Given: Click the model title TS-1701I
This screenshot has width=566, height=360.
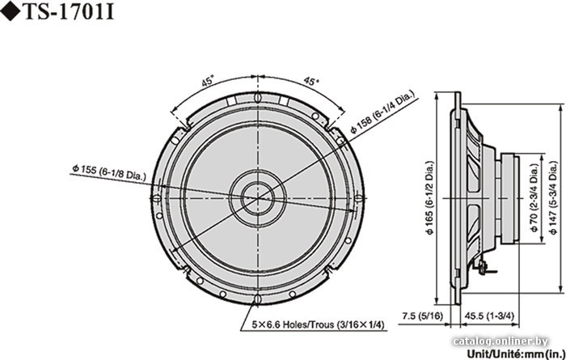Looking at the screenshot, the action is tap(69, 12).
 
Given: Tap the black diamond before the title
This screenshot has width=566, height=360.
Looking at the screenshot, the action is tap(11, 12).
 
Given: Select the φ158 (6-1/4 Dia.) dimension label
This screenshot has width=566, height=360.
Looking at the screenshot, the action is tap(383, 113).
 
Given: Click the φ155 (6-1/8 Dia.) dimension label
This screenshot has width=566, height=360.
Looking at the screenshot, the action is tap(108, 172).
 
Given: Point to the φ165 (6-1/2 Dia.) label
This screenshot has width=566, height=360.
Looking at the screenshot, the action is tap(430, 198).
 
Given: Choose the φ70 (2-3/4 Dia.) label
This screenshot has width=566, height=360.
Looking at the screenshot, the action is tap(534, 198).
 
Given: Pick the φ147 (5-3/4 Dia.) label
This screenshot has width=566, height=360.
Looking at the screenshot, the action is tap(554, 198).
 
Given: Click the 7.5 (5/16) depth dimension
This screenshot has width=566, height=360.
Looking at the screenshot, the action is tap(422, 316).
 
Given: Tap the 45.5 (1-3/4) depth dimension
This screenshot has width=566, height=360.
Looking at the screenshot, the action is tap(489, 316).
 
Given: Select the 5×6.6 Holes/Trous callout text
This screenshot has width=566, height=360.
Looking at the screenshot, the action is tap(318, 324).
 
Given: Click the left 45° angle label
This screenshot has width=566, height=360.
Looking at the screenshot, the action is tap(208, 82).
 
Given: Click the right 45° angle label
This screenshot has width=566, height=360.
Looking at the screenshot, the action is tap(310, 81).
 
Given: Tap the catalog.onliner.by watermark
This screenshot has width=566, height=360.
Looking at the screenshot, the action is tap(501, 341).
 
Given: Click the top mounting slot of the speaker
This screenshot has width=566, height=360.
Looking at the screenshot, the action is tap(257, 97).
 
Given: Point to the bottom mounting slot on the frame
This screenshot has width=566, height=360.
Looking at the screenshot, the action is tap(257, 299).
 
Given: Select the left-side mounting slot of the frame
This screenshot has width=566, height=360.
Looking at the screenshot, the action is tap(156, 198).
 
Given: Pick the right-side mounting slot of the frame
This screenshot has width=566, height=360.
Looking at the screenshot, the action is tap(358, 198).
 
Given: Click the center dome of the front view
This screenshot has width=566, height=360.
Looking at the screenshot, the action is tap(258, 198).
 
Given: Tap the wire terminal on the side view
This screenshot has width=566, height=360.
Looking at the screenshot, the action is tap(483, 268).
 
